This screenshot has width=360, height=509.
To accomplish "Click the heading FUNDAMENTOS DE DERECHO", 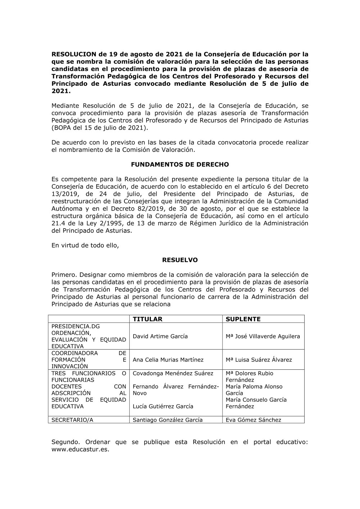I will click(180, 165).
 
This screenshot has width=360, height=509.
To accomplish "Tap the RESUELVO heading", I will click(180, 260).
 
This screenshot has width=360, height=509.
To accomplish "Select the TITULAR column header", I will click(147, 319).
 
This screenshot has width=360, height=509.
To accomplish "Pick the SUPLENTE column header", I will click(243, 319).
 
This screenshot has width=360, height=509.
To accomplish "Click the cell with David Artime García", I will click(160, 336).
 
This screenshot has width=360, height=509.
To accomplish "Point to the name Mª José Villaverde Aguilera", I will click(263, 336).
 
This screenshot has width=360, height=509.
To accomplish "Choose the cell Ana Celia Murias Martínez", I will click(168, 360).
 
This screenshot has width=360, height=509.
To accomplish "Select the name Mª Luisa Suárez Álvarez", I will click(259, 360).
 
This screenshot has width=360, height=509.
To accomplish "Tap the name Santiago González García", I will click(167, 420).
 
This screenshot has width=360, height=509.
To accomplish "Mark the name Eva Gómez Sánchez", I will click(253, 420).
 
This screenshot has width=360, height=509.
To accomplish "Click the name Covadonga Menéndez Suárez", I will click(173, 373).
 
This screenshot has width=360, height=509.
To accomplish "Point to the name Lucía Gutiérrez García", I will click(163, 406).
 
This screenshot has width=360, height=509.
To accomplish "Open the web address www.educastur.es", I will click(80, 450).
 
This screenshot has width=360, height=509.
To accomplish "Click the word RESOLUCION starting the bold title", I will click(74, 54).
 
